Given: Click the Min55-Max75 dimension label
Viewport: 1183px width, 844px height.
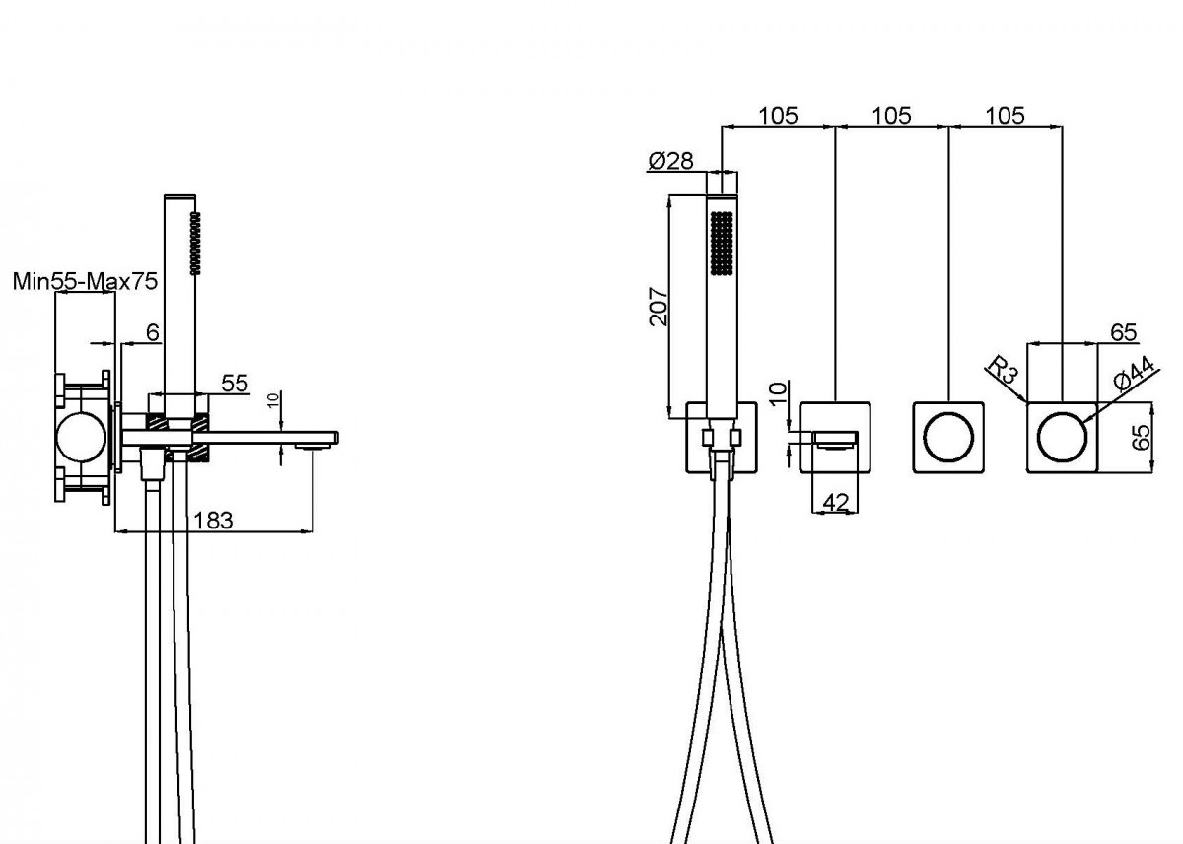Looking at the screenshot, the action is point(85,282).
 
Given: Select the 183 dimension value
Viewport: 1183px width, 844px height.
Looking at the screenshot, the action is point(213,521).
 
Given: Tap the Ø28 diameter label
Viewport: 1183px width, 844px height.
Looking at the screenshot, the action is point(670,161).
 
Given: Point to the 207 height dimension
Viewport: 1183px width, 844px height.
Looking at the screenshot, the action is point(659,307).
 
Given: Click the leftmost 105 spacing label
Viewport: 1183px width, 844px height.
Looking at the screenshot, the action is point(778,116).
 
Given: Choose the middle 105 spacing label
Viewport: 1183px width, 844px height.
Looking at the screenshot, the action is point(891,116).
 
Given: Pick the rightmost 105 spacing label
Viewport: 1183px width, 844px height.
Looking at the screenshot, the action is point(1005,116).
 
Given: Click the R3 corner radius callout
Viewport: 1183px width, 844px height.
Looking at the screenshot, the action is point(1003,370).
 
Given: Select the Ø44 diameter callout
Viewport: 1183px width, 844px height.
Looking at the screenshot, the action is point(1134,373).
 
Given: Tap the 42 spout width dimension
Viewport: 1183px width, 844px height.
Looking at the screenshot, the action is point(836,502).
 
